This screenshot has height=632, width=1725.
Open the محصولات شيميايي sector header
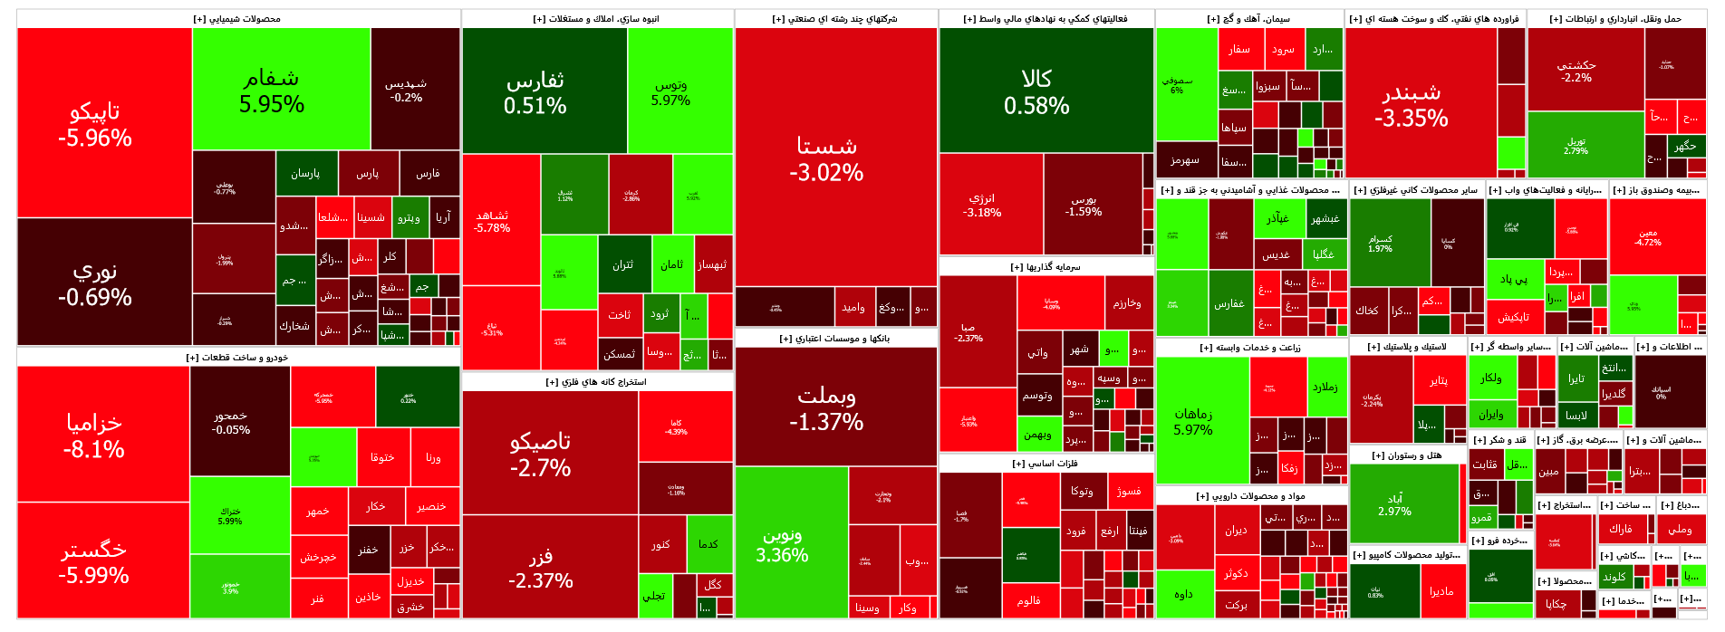[237, 19]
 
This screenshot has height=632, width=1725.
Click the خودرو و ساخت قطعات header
[237, 358]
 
